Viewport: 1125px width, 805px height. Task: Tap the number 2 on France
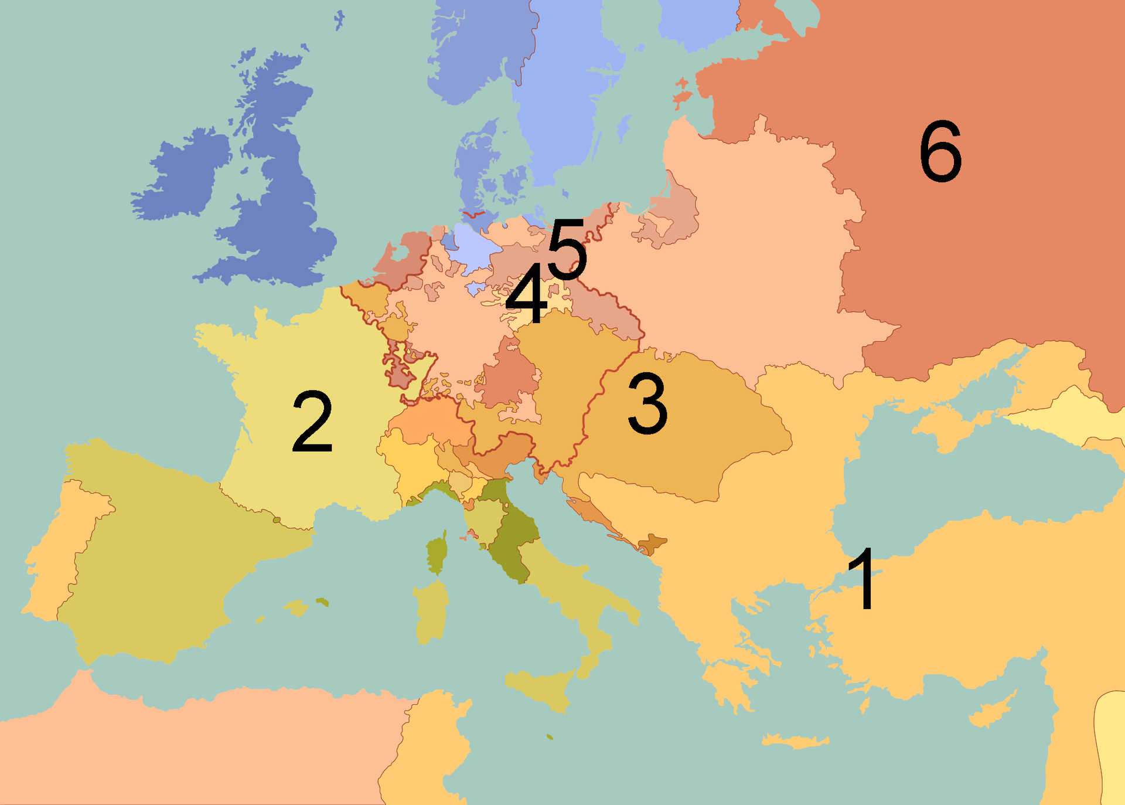312,422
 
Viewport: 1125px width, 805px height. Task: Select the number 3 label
647,405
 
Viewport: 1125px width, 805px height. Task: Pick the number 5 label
567,249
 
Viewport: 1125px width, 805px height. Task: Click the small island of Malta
550,737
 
